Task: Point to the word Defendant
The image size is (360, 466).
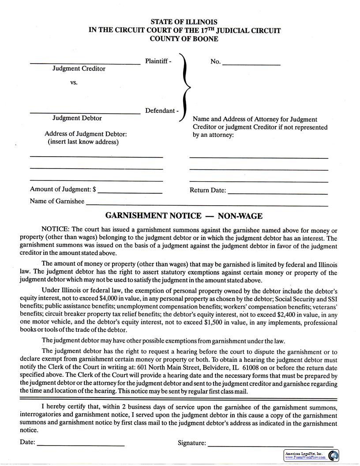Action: (160, 111)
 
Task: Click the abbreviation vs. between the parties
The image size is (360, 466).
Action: (74, 83)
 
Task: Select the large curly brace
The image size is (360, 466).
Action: (185, 87)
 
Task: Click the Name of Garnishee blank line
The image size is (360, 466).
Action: (207, 204)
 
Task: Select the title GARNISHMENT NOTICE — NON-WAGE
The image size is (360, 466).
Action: (184, 216)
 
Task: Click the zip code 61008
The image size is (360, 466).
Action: (250, 368)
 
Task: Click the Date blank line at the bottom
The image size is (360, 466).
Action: (81, 444)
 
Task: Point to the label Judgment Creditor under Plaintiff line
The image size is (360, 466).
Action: (79, 69)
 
